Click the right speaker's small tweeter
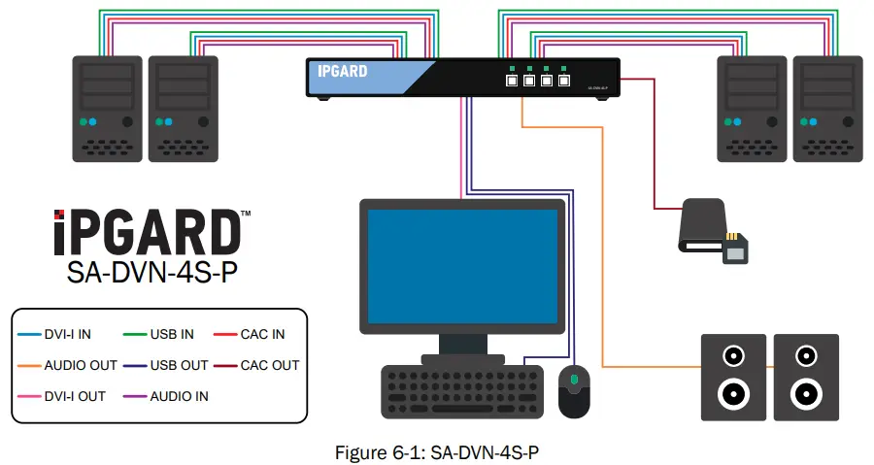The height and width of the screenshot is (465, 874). click(805, 355)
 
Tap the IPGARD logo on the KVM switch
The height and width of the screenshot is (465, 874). click(343, 71)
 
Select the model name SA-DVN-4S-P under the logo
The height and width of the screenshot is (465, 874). click(151, 273)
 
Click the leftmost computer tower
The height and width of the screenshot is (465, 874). click(108, 107)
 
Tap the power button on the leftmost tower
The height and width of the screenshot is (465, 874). click(128, 122)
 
